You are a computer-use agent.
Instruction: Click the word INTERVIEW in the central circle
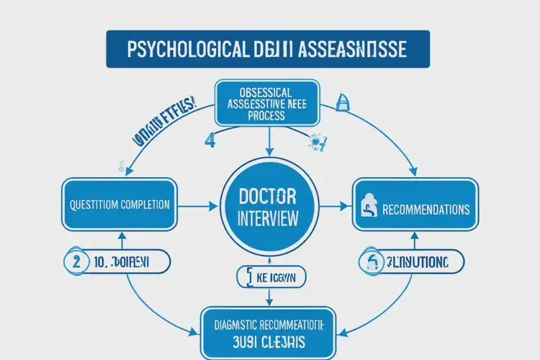(268, 218)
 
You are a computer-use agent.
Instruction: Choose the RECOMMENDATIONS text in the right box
(426, 210)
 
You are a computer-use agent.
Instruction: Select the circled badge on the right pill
(372, 262)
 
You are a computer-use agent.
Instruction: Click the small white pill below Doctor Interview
(271, 276)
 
